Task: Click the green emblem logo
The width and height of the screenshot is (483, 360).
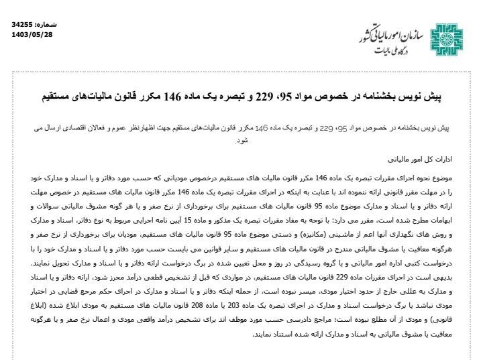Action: point(447,38)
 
